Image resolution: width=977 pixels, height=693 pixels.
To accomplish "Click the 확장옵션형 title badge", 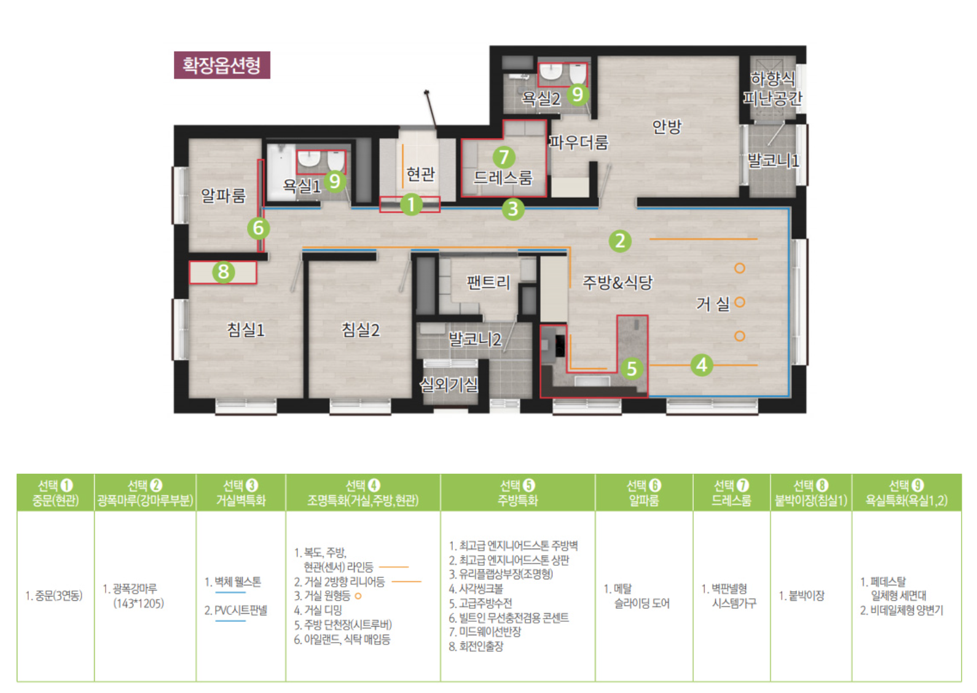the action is pos(222,65).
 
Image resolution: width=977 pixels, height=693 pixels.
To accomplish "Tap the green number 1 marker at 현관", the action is pos(411,205).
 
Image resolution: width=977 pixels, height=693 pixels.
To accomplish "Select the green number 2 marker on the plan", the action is pos(620,241).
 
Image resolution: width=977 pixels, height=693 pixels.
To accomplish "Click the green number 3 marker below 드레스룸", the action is pos(513,209).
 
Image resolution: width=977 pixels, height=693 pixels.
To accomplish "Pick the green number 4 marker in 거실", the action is pos(702,364).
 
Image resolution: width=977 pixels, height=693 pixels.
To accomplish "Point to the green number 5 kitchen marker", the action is pos(632,369).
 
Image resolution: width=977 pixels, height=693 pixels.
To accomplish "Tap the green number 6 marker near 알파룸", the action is pos(258,228).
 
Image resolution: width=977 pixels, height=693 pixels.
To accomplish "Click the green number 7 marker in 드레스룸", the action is pos(504,157).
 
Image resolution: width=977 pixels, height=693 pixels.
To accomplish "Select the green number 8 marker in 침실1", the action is pos(223,272).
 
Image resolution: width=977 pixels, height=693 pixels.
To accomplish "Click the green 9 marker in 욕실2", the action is pos(578,94).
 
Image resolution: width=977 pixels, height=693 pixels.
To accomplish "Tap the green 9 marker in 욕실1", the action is pos(334,181).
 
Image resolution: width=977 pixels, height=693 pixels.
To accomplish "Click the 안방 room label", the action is pos(667,127).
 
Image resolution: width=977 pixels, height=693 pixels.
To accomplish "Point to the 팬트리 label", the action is pos(488,282).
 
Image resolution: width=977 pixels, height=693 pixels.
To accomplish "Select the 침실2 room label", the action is pos(360,330).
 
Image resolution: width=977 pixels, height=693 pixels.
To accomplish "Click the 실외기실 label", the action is pos(449,385).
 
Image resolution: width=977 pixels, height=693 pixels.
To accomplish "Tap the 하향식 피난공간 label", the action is pos(772,88).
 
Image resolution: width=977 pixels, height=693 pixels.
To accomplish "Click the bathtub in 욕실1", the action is pos(281,171).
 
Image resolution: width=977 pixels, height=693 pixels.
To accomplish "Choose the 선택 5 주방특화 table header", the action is pos(517,492).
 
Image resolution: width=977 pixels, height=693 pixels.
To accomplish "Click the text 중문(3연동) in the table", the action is pos(53,596).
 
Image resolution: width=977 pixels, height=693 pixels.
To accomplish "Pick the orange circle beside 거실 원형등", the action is pos(358,596).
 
